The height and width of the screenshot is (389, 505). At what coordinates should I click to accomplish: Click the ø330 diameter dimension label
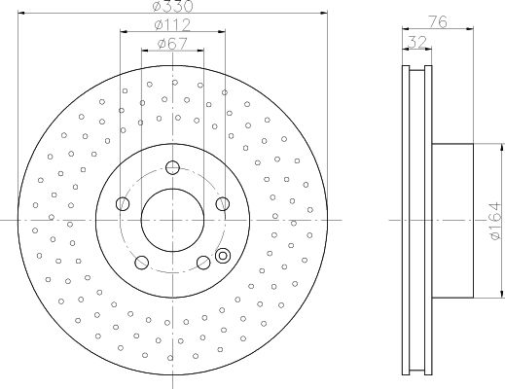click(172, 6)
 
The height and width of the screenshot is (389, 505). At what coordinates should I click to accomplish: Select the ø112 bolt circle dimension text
click(172, 25)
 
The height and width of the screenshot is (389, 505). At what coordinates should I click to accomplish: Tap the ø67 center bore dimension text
click(172, 44)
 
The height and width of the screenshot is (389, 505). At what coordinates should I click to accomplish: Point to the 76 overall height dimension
click(438, 21)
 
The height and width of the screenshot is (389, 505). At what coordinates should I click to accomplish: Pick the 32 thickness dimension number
click(417, 42)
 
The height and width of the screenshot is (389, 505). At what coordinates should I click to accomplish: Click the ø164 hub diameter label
click(496, 221)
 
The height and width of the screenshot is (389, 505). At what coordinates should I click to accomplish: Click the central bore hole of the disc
click(172, 220)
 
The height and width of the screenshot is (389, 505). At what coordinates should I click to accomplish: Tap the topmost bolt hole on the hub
click(172, 167)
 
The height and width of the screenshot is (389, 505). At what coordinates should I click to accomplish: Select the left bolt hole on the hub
click(123, 204)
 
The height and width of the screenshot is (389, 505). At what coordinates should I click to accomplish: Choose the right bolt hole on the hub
click(223, 204)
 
